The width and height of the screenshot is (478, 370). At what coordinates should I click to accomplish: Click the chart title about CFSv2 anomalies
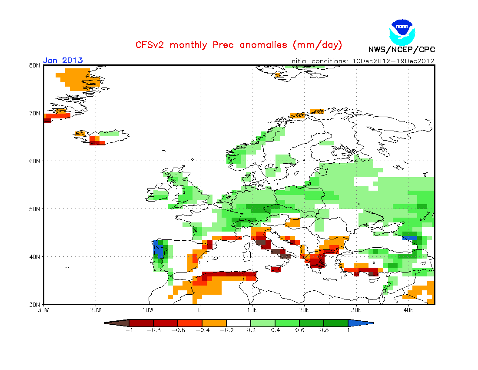coord(239,45)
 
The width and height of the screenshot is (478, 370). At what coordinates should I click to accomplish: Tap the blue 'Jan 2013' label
coord(63,61)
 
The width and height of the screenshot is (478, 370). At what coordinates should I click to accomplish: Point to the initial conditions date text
coord(362,61)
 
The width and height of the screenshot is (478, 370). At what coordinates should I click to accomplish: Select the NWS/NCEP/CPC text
coord(402,49)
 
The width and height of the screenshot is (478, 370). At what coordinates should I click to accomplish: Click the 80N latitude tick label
coord(35,65)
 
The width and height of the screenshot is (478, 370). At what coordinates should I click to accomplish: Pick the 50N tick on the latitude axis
coord(35,209)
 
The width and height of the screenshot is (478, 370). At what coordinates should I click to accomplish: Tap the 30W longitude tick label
coord(43,310)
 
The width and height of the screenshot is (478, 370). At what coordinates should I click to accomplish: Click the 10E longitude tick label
coord(252,310)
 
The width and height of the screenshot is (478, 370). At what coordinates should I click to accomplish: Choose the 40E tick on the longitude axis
coord(408,310)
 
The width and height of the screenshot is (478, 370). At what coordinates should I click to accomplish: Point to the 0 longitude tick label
coord(200,310)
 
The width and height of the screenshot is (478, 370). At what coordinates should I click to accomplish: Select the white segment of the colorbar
coord(239,323)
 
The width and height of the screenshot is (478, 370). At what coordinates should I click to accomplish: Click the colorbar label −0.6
coord(177,330)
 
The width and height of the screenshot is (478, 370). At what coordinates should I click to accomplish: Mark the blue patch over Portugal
coord(159,251)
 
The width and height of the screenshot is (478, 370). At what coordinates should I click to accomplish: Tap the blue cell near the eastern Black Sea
coord(410,238)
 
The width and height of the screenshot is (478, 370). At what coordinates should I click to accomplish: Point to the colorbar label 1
coord(348,330)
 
